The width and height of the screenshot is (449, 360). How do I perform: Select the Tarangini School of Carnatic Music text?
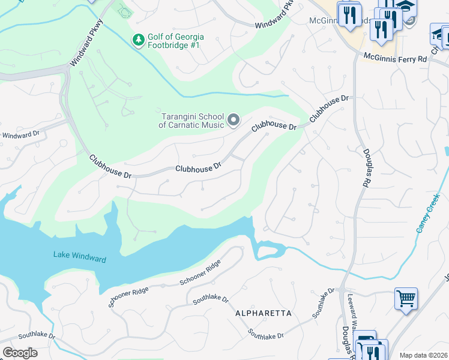coord(191,121)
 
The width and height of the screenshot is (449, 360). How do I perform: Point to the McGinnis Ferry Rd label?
coord(395,58)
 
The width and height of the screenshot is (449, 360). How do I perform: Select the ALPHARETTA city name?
coord(264,313)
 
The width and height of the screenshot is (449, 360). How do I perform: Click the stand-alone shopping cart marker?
coord(406,298)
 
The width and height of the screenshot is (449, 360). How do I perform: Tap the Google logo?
coord(20,353)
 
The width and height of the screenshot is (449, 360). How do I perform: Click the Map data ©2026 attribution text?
coord(424,355)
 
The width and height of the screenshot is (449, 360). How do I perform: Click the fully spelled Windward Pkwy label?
coord(85,44)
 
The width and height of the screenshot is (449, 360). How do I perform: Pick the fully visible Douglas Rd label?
coord(364,169)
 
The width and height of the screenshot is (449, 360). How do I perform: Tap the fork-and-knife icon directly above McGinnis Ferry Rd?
coord(381,29)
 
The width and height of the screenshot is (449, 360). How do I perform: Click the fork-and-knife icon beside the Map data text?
coord(372,352)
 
